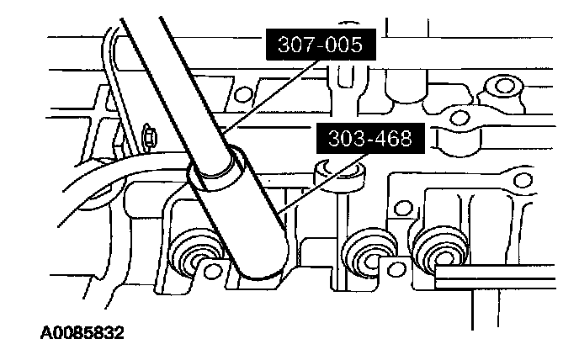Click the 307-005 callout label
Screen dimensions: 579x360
[x=321, y=45]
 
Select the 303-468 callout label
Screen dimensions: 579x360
[x=370, y=139]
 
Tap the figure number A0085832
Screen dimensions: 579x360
[x=82, y=333]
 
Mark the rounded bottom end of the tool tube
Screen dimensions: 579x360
[x=261, y=269]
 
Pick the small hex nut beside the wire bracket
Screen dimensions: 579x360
[x=149, y=138]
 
